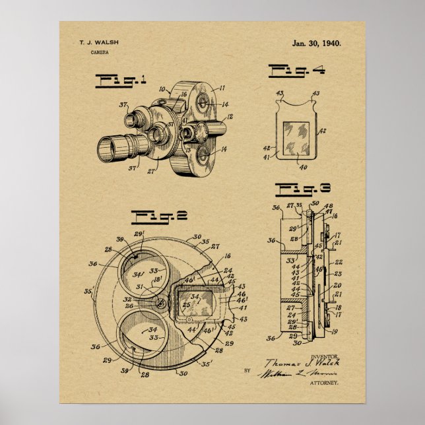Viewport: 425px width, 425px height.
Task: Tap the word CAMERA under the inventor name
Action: [x=101, y=51]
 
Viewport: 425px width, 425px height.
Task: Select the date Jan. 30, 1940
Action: [x=316, y=43]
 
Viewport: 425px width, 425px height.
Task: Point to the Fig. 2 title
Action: [x=150, y=215]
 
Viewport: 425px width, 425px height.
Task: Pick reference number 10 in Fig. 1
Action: [x=162, y=88]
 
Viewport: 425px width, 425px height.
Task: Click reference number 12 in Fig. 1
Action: [x=230, y=117]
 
